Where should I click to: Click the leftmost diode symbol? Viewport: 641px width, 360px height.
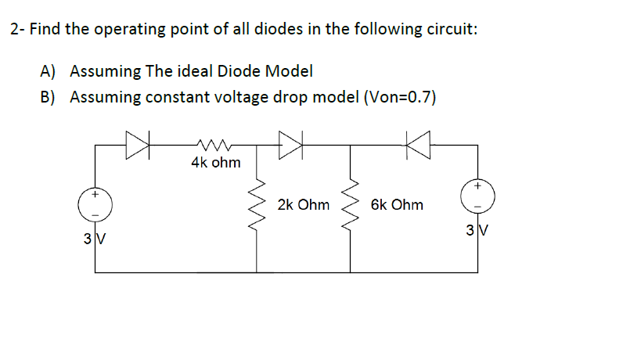[x=136, y=145]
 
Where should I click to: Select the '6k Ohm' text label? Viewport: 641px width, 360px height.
[x=397, y=205]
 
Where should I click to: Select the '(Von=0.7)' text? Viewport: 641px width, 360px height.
[x=397, y=98]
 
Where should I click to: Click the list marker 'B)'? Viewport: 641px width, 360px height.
[x=49, y=98]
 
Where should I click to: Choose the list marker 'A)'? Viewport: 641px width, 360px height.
[x=49, y=71]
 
